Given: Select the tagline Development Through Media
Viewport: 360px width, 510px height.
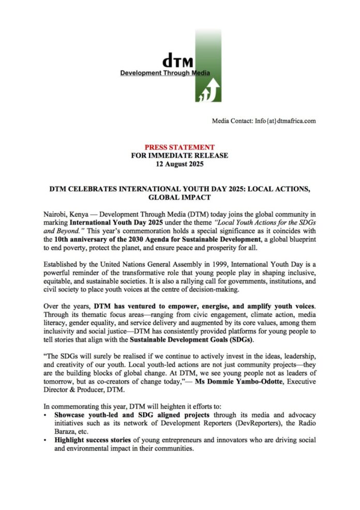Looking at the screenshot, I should [x=164, y=73].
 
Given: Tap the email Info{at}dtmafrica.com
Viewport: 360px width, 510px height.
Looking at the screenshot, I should [x=285, y=121].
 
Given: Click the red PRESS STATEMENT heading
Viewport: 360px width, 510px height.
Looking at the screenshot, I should [x=179, y=147].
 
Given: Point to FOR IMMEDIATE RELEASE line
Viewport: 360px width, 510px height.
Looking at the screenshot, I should [x=179, y=155].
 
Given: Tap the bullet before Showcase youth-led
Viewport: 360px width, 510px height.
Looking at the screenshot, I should [x=47, y=416].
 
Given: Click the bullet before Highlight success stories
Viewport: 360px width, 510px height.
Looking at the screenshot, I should [x=47, y=441].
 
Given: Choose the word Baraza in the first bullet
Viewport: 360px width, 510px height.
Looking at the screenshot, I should [x=66, y=432].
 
